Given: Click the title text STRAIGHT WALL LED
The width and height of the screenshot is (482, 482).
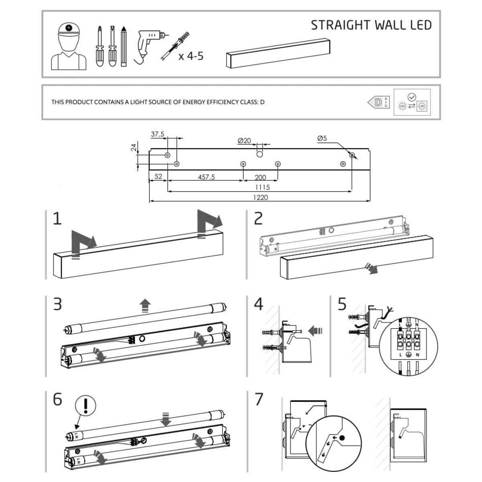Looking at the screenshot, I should point(371,25).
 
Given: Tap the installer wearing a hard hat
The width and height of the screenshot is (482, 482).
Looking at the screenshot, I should point(69,46).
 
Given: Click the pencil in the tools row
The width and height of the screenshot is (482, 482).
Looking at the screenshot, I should point(124,47).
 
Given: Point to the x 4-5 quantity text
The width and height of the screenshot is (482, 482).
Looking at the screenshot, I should point(191,56).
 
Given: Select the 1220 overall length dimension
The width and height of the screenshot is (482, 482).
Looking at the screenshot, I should point(260,197).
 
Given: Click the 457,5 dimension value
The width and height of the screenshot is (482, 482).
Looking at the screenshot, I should point(206,177).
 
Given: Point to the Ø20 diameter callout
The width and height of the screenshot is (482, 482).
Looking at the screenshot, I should point(244,141).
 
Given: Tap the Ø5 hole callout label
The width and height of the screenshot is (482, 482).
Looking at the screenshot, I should point(322,139).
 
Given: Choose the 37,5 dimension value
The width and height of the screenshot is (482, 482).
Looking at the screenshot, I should point(157,135).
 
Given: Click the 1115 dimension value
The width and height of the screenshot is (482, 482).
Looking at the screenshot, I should point(262,187).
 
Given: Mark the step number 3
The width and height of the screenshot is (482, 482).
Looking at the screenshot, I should point(57,304).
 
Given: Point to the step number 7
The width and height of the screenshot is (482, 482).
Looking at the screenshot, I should point(259,399).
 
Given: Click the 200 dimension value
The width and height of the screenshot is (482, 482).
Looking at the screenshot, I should point(260,177).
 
